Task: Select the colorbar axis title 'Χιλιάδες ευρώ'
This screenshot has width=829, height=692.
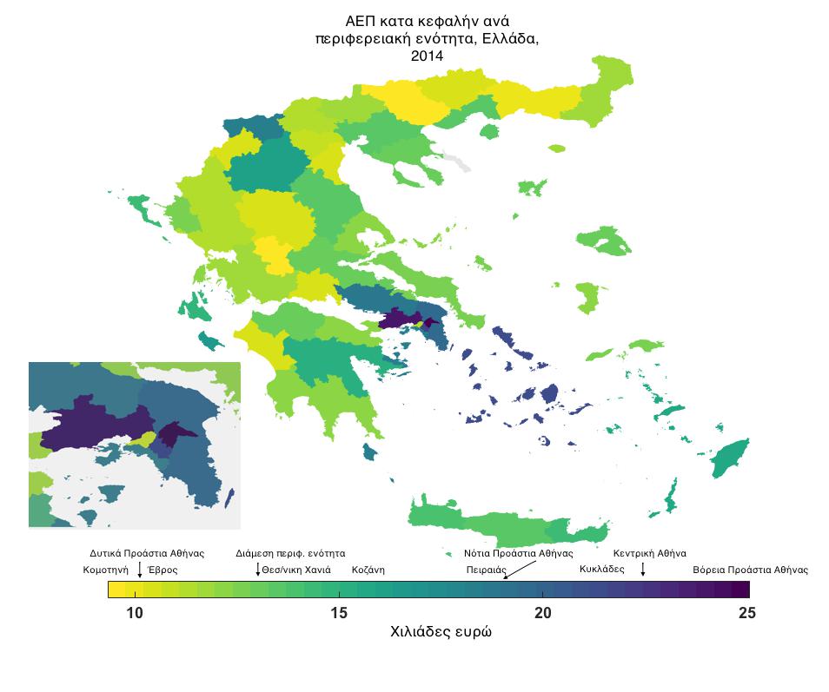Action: pyautogui.click(x=441, y=633)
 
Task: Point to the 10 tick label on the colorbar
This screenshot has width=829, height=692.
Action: pyautogui.click(x=134, y=613)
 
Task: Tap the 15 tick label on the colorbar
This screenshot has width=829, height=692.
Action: pyautogui.click(x=339, y=613)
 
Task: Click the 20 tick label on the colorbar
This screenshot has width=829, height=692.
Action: pyautogui.click(x=543, y=613)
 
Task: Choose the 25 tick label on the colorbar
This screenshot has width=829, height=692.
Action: pyautogui.click(x=746, y=613)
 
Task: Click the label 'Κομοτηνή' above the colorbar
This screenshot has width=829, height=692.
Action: pyautogui.click(x=105, y=570)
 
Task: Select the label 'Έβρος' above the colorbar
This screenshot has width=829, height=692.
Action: pyautogui.click(x=162, y=570)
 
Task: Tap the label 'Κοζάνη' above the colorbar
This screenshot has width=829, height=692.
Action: pyautogui.click(x=368, y=570)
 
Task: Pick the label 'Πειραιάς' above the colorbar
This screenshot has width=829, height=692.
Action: pyautogui.click(x=486, y=570)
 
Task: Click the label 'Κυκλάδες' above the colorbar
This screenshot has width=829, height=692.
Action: pyautogui.click(x=601, y=570)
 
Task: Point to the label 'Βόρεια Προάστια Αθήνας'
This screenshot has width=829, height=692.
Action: pyautogui.click(x=750, y=570)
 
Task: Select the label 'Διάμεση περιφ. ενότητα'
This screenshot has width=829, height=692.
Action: pyautogui.click(x=290, y=553)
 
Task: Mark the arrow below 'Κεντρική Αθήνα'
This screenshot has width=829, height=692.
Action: pyautogui.click(x=642, y=569)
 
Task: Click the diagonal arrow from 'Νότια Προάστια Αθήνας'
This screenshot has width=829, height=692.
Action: pyautogui.click(x=520, y=569)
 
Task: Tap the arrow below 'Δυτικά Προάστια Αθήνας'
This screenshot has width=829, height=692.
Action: pyautogui.click(x=139, y=569)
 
